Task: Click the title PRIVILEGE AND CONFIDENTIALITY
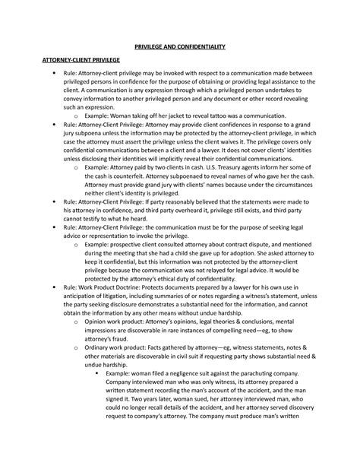click(180, 46)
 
